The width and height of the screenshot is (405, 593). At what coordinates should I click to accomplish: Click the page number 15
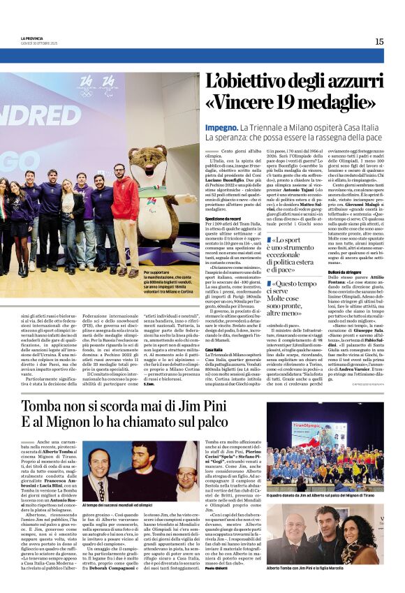coord(379,41)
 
